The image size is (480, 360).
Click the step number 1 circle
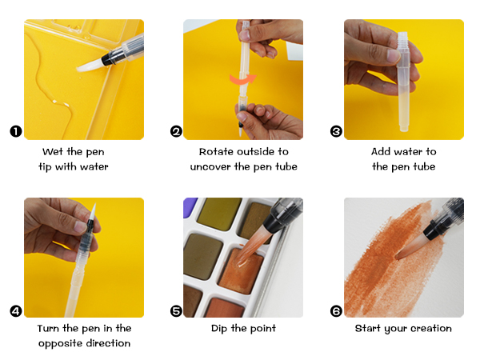[16, 132]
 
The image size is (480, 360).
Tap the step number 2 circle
[176, 132]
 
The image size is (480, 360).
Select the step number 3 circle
[336, 132]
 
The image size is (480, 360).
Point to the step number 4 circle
[16, 311]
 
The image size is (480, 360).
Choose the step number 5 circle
[176, 311]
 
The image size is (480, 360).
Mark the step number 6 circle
[336, 311]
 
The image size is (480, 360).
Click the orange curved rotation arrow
[242, 79]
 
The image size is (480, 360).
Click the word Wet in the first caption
[54, 151]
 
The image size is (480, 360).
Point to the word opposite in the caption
[58, 344]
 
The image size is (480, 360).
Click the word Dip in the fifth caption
[219, 329]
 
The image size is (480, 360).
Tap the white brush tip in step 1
[90, 66]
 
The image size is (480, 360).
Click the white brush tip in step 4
[93, 213]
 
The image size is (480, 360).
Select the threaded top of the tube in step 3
[402, 41]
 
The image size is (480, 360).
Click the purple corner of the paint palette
[190, 206]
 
